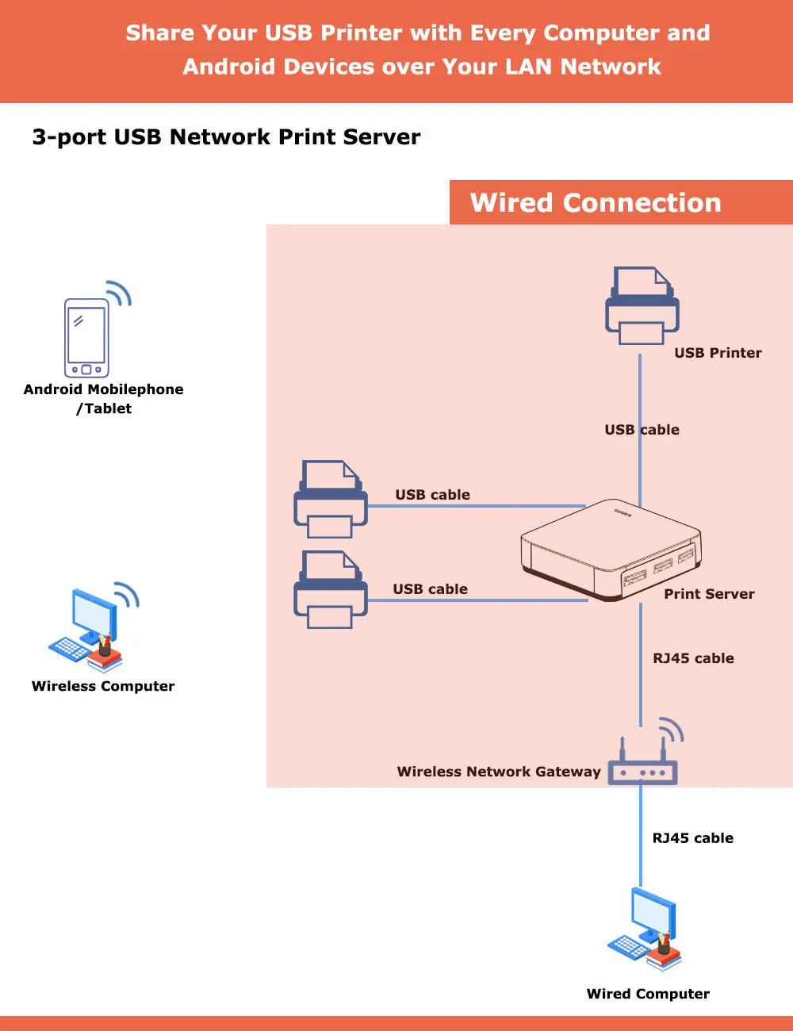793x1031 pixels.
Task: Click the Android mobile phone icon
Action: point(86,338)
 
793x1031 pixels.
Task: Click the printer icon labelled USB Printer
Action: point(642,306)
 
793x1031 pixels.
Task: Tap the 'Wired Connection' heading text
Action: point(596,203)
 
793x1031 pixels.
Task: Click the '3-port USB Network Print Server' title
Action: point(226,137)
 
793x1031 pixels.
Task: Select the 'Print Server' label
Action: point(709,594)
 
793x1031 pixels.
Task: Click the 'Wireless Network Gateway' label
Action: point(499,772)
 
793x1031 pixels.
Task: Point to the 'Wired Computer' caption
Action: point(648,994)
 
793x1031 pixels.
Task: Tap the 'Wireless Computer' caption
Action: point(103,686)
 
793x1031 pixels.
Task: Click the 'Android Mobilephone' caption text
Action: point(103,389)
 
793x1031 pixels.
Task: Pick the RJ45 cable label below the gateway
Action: point(692,838)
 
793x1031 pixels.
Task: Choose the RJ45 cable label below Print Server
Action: point(693,658)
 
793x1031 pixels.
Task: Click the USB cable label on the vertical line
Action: point(642,430)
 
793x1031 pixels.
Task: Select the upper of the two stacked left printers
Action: point(331,499)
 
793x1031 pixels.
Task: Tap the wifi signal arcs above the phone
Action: point(119,293)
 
